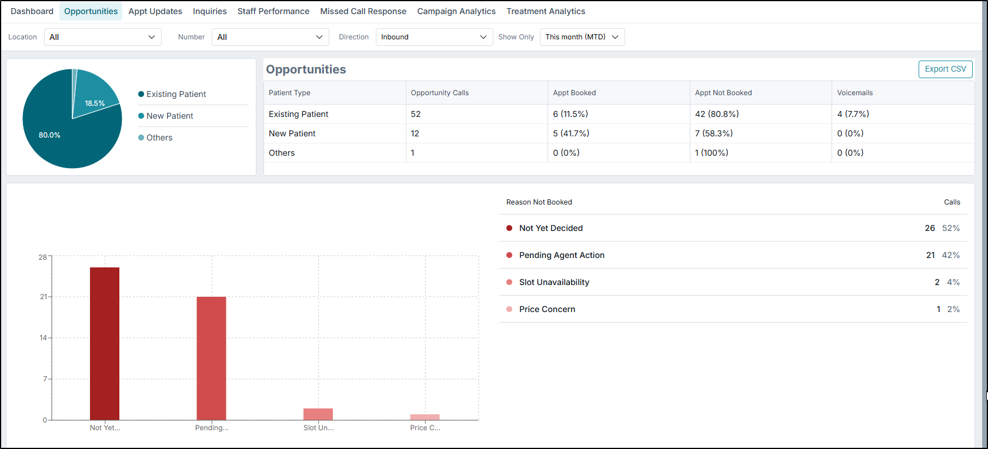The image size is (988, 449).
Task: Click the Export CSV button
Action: point(945,69)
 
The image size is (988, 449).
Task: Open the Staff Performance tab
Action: point(273,11)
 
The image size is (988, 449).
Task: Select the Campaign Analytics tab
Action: point(456,11)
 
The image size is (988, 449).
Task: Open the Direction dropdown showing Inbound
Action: point(434,37)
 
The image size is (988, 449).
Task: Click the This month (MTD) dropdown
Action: point(582,37)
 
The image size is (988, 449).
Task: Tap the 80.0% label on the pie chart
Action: point(49,135)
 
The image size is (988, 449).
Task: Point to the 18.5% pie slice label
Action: point(95,103)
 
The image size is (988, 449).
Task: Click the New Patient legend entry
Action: point(169,116)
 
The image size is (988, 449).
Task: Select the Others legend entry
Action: point(159,138)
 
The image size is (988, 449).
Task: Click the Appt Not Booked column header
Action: point(723,93)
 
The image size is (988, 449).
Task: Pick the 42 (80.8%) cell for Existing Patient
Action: point(717,114)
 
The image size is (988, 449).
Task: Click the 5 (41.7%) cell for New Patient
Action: point(571,133)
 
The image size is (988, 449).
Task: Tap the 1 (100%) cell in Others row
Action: point(712,153)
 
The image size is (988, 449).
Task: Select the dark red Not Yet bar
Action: point(105,344)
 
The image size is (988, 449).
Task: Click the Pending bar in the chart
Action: point(211,358)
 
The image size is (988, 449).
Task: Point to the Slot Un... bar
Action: point(318,414)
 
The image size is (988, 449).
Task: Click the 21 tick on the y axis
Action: point(43,297)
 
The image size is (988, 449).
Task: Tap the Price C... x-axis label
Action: point(425,428)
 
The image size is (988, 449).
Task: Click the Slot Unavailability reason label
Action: point(554,282)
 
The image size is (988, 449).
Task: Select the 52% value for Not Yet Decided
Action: point(951,228)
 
